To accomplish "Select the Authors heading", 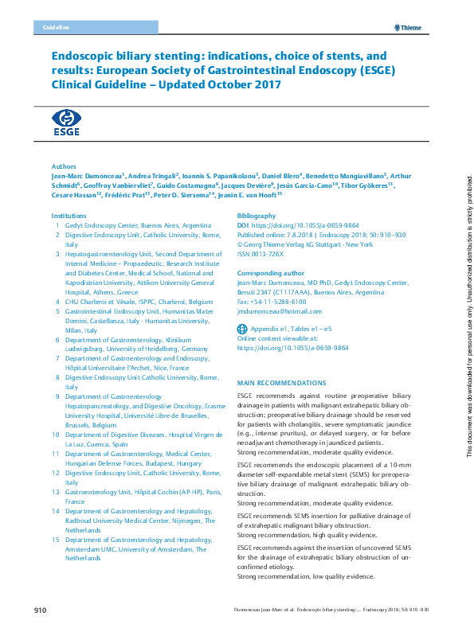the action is coord(64,166).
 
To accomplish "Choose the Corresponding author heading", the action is coord(271,273).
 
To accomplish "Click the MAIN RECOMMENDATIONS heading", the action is coord(281,383).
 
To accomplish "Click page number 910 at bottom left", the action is coord(41,611).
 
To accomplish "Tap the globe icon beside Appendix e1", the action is coord(243,328).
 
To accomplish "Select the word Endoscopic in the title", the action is coord(87,57).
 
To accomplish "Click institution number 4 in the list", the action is coord(57,302).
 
